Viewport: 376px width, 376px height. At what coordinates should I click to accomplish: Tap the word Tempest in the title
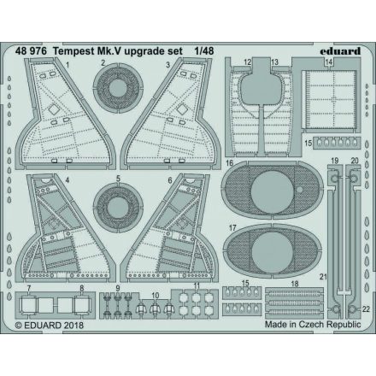98,50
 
